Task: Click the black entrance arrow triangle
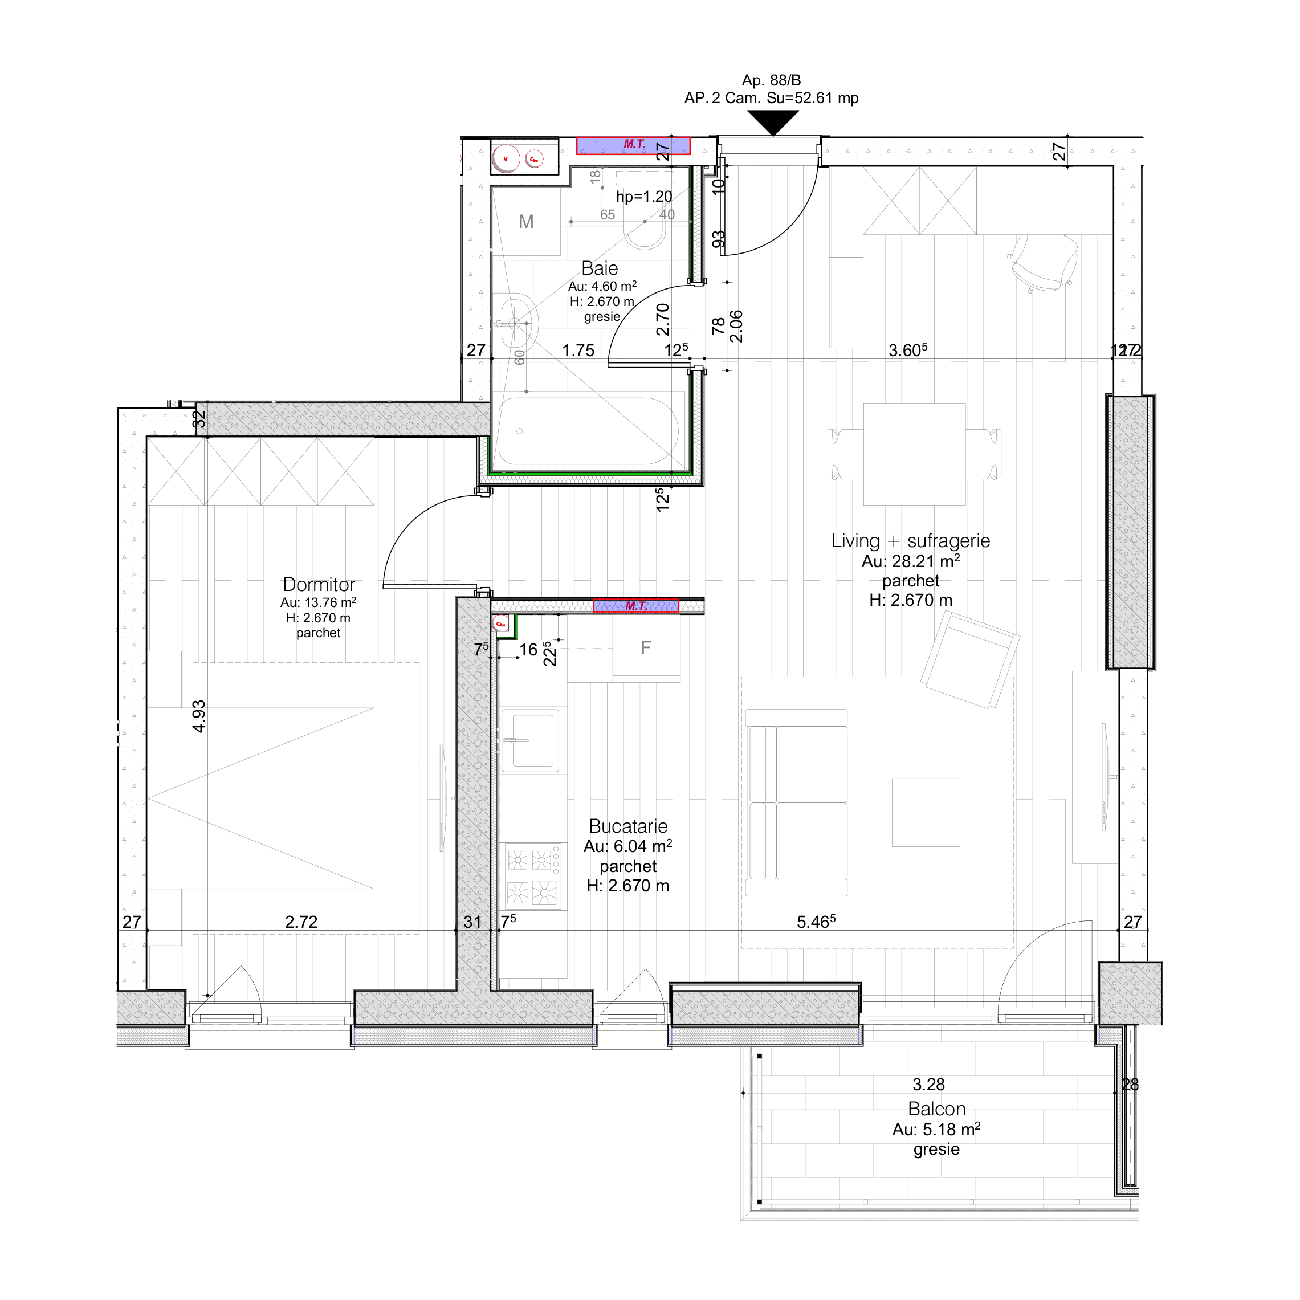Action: [773, 121]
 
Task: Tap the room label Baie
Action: [600, 268]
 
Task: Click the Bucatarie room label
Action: [628, 826]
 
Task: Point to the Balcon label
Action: [936, 1109]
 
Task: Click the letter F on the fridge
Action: [646, 648]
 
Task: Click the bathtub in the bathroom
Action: [587, 431]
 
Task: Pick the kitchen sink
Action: [532, 740]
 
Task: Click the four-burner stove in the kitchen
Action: [533, 877]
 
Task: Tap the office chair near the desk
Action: [1043, 262]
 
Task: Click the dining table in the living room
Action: [914, 454]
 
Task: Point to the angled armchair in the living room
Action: [969, 661]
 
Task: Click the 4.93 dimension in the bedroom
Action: [198, 716]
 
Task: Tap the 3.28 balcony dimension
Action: [928, 1084]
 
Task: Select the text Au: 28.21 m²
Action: [910, 561]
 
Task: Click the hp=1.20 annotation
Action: [644, 197]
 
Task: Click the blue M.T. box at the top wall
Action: [633, 145]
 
